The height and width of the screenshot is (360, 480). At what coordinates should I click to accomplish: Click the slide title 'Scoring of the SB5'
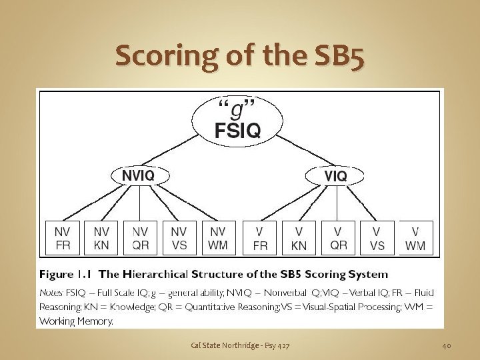(240, 57)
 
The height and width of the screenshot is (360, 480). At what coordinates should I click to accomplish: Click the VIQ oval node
(335, 175)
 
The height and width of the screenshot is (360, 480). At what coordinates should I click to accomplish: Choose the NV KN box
(101, 238)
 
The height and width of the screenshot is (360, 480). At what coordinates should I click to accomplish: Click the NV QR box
(140, 238)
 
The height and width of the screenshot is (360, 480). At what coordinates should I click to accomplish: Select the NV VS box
(179, 238)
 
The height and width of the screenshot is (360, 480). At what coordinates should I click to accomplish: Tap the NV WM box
(218, 238)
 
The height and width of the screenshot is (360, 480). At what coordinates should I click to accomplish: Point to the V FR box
(260, 238)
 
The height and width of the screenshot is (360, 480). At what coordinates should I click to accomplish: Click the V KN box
(299, 238)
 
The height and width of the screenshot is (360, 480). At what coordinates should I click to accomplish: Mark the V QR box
(339, 238)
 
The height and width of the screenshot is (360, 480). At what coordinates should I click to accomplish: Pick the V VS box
(377, 238)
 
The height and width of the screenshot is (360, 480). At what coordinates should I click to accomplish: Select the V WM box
(415, 238)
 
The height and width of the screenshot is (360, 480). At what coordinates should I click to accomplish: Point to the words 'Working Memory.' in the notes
(77, 321)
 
